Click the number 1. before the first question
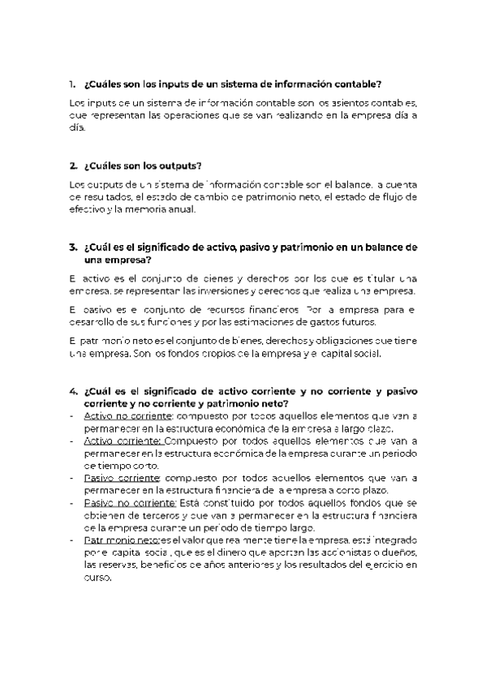[72, 84]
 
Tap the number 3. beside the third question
[72, 247]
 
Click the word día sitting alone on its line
[76, 127]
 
